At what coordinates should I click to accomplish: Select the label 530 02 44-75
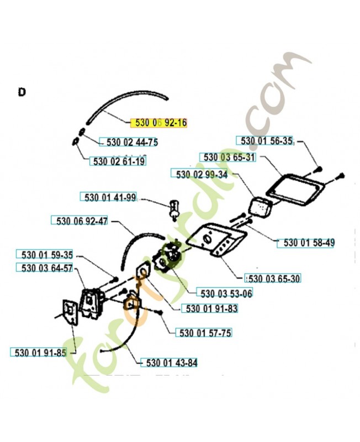pos(129,143)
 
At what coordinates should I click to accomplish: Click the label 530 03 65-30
pos(272,278)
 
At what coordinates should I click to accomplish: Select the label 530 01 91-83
pos(210,308)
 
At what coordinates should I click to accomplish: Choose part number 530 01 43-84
pos(170,363)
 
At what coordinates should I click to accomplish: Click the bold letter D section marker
pos(22,92)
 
